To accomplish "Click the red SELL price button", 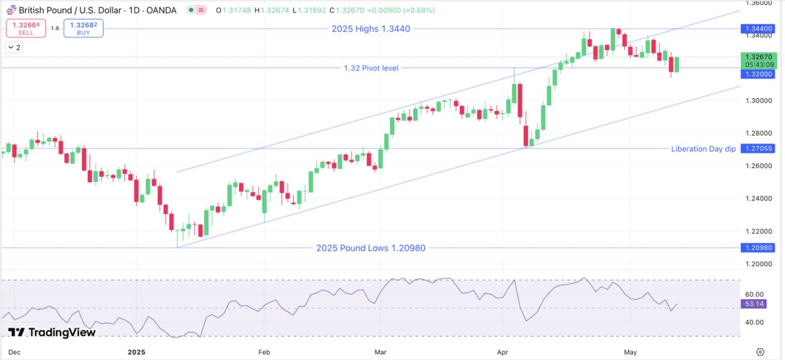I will tap(26, 28).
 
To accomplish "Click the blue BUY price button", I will tap(83, 28).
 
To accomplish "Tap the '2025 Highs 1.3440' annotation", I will tap(371, 29).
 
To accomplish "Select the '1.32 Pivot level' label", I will tap(371, 68).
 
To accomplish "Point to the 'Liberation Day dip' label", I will tap(703, 148).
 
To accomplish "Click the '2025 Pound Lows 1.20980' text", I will tap(371, 248).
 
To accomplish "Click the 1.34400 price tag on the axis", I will tap(756, 28).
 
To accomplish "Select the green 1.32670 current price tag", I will tap(756, 57).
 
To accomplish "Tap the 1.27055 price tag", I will tap(756, 148).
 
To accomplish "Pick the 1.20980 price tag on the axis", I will tap(756, 248).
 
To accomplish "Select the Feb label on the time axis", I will tap(263, 352).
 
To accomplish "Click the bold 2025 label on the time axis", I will tap(137, 352).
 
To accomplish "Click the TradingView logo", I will tap(52, 332).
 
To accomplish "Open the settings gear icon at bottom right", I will tap(760, 352).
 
